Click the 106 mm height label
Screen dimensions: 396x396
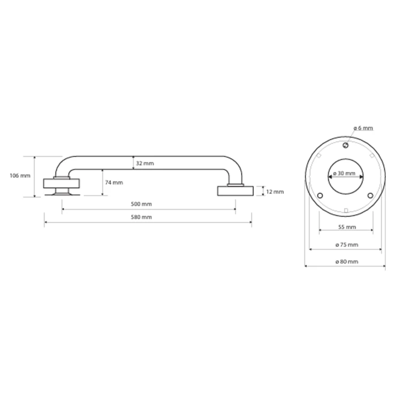pyautogui.click(x=20, y=176)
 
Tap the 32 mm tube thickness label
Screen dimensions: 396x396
pyautogui.click(x=144, y=163)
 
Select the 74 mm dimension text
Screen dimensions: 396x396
pyautogui.click(x=114, y=182)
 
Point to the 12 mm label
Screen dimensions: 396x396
pyautogui.click(x=275, y=192)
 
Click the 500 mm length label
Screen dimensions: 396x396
pyautogui.click(x=141, y=204)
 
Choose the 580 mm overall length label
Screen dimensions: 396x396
pyautogui.click(x=141, y=217)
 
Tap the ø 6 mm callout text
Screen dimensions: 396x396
pyautogui.click(x=363, y=128)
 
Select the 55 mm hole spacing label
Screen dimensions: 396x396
pyautogui.click(x=347, y=227)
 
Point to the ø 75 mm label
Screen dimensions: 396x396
pyautogui.click(x=347, y=245)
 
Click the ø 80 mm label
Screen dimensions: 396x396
pyautogui.click(x=347, y=262)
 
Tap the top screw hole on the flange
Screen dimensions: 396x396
pyautogui.click(x=346, y=145)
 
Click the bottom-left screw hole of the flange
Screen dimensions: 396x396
pyautogui.click(x=320, y=195)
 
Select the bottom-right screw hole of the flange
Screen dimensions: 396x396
pyautogui.click(x=370, y=195)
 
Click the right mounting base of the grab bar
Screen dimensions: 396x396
pyautogui.click(x=235, y=191)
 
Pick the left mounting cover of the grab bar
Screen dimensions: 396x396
pyautogui.click(x=62, y=184)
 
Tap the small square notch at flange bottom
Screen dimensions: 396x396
pyautogui.click(x=346, y=211)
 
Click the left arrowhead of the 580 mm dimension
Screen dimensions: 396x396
pyautogui.click(x=45, y=222)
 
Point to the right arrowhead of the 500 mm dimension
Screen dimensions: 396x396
pyautogui.click(x=234, y=209)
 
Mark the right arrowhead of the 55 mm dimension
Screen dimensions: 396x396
pyautogui.click(x=371, y=230)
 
